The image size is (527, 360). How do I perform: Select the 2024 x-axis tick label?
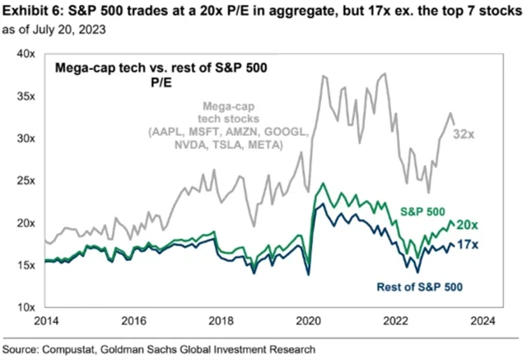483,322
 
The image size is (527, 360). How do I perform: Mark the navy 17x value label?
469,245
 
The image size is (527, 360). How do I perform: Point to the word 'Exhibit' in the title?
26,11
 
